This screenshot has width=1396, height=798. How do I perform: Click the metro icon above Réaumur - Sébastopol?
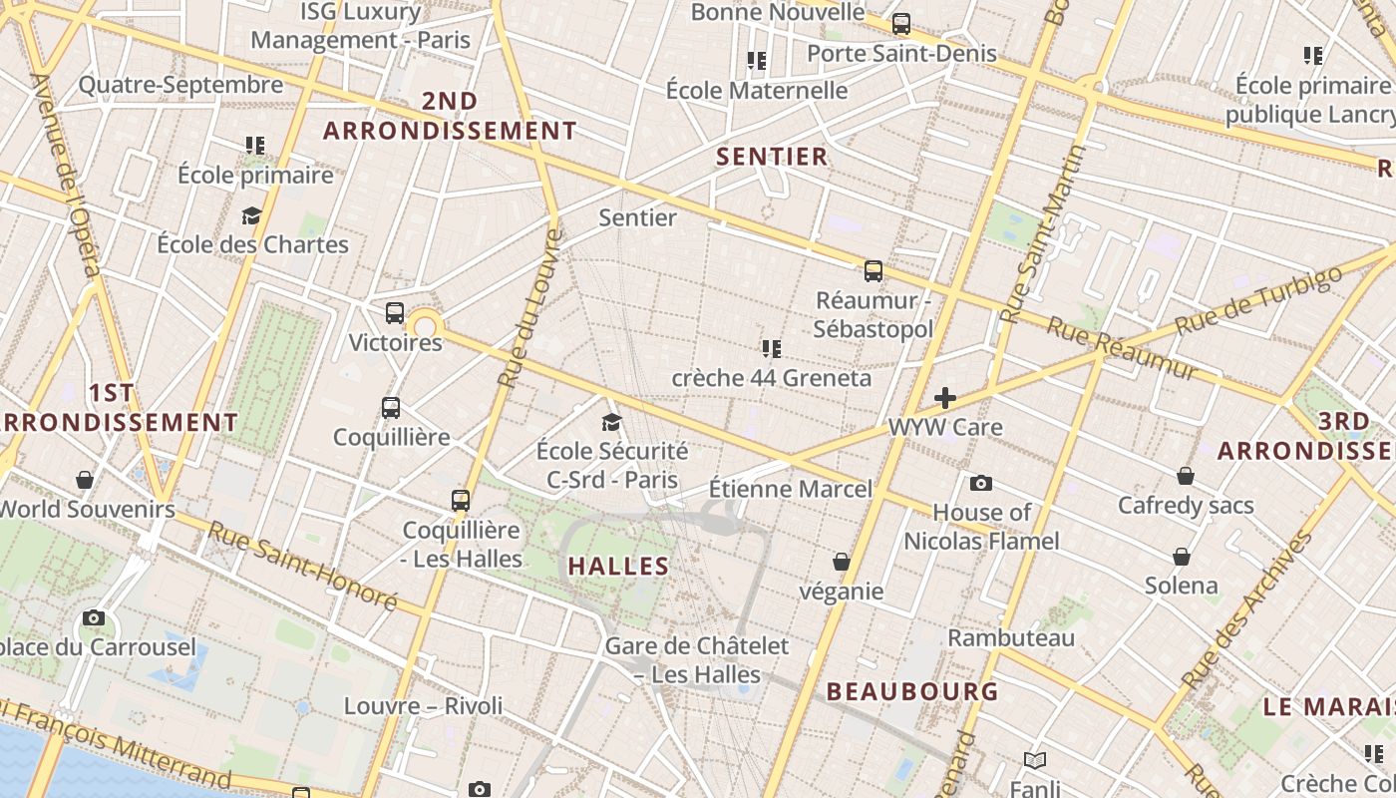coord(873,270)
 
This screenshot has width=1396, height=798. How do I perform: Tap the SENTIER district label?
coord(772,157)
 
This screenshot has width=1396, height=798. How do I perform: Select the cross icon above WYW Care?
coord(944,399)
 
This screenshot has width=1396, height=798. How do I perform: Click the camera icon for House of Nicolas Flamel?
coord(981,484)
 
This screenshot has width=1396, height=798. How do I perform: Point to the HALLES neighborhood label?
coord(618,567)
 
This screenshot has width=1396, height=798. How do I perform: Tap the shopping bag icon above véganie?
coord(842,563)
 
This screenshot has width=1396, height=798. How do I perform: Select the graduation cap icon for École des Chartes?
coord(251,215)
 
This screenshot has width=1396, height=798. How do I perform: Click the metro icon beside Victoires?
coord(395,313)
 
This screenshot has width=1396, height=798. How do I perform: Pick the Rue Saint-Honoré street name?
coord(301,565)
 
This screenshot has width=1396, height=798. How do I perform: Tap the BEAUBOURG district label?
coord(912,691)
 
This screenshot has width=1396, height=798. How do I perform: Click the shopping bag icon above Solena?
coord(1182,557)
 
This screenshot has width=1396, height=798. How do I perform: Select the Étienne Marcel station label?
coord(790,489)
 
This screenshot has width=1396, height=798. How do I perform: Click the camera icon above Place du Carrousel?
coord(94,618)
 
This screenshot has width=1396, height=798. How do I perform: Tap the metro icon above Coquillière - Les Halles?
coord(461,500)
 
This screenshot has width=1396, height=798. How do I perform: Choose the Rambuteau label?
coord(1011,637)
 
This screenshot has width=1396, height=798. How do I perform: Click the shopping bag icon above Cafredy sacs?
coord(1186,477)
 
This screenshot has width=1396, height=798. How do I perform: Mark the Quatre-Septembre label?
coord(180,85)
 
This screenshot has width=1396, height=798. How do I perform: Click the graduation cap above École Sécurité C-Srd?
coord(612,423)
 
